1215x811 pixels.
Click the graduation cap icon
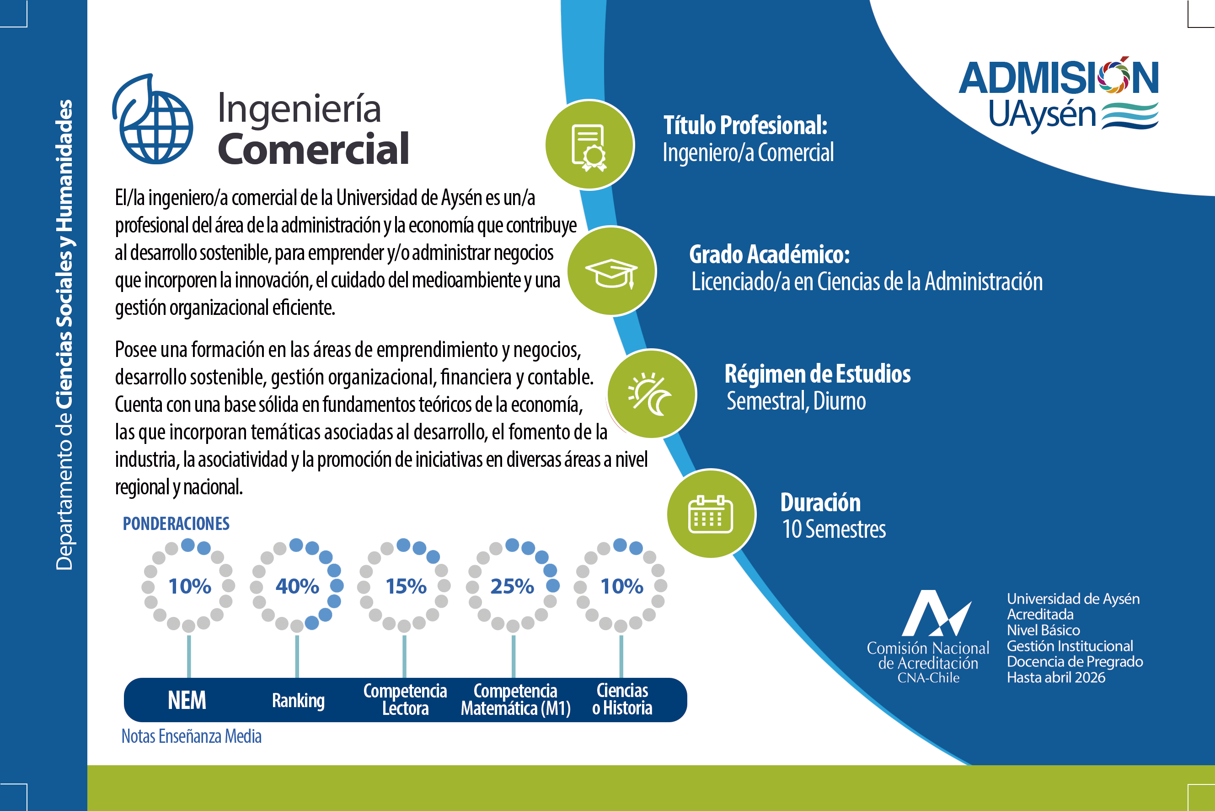click(611, 273)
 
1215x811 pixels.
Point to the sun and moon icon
click(650, 394)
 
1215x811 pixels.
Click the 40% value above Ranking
click(297, 586)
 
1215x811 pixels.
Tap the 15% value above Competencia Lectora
click(406, 586)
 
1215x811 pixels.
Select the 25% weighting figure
click(512, 586)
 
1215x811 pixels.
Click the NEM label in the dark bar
click(187, 700)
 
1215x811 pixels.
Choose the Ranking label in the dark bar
click(298, 701)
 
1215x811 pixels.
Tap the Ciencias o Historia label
click(622, 699)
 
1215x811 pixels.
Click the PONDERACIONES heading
click(176, 524)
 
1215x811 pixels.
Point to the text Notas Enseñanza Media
click(191, 736)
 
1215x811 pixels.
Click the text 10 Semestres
click(834, 529)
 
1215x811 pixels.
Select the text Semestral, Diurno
click(796, 401)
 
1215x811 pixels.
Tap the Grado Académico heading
click(770, 254)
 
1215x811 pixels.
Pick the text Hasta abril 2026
click(1056, 677)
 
